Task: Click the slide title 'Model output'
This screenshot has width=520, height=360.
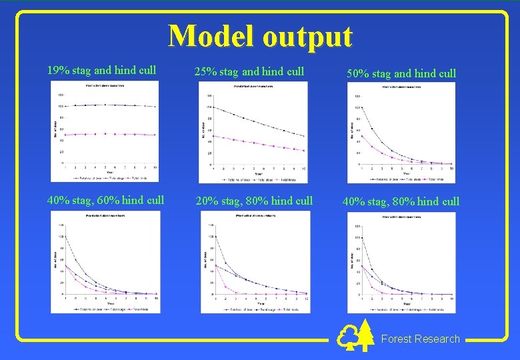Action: pos(260,36)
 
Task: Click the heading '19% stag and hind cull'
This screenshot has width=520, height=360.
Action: pos(101,70)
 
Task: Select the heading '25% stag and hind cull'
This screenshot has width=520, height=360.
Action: pos(249,71)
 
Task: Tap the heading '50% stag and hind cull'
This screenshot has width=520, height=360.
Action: pos(401,73)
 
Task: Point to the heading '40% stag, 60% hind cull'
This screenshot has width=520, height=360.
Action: pos(105,199)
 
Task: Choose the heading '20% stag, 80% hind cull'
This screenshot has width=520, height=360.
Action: pos(253,201)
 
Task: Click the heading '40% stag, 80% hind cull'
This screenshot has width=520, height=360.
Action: pos(401,201)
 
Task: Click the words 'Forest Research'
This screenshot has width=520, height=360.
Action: pos(420,339)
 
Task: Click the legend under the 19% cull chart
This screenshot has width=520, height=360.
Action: pos(105,178)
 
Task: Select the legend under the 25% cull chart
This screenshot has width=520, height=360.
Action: pos(253,180)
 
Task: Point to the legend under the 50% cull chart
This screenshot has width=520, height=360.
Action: pos(401,179)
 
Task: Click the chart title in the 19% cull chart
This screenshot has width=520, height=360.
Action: pos(106,86)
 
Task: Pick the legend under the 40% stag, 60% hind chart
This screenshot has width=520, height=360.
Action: pos(105,309)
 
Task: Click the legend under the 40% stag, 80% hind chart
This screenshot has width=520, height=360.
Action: pos(401,309)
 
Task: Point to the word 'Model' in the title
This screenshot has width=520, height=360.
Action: pos(211,36)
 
